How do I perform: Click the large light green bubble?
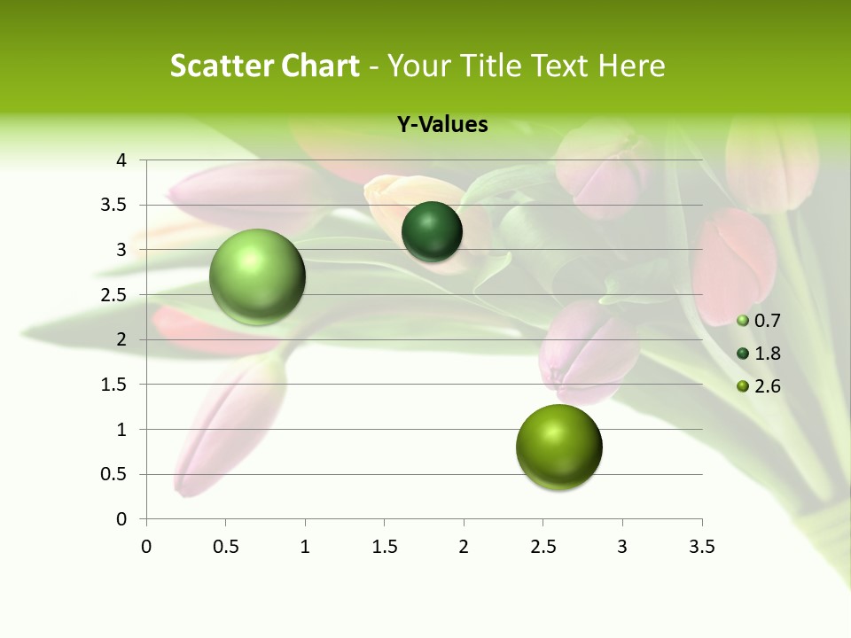point(257,276)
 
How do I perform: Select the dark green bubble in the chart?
point(432,232)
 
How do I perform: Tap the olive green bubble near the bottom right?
point(558,447)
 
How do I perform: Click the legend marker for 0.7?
point(743,321)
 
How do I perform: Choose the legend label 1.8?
point(767,354)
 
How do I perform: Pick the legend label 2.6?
point(767,386)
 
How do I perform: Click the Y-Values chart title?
point(441,125)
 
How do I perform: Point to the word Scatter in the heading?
point(221,66)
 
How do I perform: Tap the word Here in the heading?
point(630,66)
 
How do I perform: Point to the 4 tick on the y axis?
point(122,160)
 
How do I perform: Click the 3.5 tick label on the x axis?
point(702,547)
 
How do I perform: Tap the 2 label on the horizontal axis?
point(464,547)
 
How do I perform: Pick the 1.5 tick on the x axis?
point(384,547)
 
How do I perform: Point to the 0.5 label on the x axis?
point(225,547)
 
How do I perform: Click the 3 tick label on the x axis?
point(622,547)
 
